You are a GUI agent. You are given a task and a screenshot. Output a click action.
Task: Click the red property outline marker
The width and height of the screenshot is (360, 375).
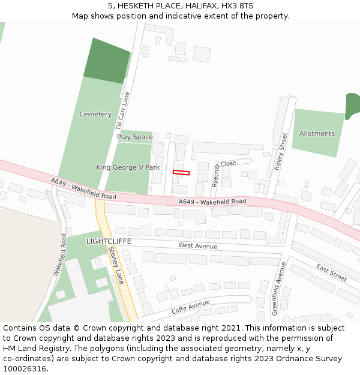pyautogui.click(x=181, y=173)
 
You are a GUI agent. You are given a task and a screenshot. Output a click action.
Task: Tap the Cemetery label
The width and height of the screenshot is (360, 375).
pyautogui.click(x=95, y=114)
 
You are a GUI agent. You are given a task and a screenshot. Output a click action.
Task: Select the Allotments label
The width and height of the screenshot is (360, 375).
pyautogui.click(x=317, y=133)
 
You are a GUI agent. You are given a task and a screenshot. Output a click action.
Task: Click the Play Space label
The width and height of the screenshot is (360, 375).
pyautogui.click(x=135, y=137)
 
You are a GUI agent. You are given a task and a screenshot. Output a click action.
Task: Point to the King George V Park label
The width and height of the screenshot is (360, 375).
pyautogui.click(x=128, y=167)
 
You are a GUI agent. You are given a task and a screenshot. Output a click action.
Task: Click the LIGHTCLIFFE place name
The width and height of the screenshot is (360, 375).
pyautogui.click(x=109, y=241)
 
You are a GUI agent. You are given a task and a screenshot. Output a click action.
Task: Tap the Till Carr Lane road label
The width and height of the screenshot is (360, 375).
pyautogui.click(x=122, y=111)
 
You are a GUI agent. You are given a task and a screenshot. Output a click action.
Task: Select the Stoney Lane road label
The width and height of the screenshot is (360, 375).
pyautogui.click(x=116, y=267)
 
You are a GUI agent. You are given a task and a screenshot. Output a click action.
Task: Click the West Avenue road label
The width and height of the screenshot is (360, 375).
pyautogui.click(x=197, y=246)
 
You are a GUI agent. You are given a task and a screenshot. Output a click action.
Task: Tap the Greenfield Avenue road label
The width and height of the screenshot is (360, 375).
pyautogui.click(x=276, y=289)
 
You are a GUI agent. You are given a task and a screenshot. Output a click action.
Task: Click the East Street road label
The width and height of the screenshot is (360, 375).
pyautogui.click(x=331, y=272)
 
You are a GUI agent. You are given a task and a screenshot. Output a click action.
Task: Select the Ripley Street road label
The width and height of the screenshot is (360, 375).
pyautogui.click(x=281, y=152)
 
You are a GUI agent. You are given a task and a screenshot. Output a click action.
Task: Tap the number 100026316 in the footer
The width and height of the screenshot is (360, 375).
pyautogui.click(x=25, y=369)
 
